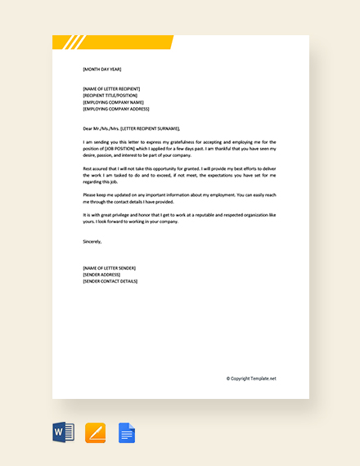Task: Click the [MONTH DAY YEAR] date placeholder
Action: [101, 69]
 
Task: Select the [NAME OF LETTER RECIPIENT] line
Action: [111, 88]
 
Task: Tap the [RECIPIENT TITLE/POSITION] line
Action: [110, 95]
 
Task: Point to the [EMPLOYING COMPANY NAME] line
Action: [112, 101]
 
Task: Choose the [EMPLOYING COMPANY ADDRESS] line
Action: [116, 108]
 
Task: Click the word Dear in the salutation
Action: [88, 128]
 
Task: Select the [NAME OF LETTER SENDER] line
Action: [110, 268]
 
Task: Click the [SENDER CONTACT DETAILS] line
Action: [111, 281]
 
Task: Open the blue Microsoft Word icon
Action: [63, 432]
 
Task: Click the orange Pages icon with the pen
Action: [96, 432]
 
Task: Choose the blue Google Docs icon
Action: [127, 432]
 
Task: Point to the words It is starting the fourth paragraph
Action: [87, 214]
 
